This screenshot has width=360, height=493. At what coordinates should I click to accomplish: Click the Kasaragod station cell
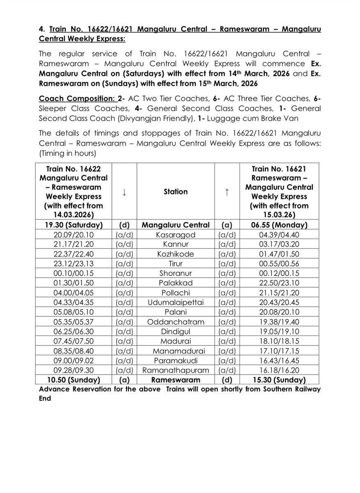tap(175, 235)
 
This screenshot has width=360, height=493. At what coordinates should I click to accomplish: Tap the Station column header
tap(175, 191)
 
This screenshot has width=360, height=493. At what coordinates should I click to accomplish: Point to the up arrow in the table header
tap(227, 191)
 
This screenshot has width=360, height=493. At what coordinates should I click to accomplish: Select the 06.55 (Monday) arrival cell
tap(279, 225)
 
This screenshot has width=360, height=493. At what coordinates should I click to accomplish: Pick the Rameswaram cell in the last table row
tap(175, 380)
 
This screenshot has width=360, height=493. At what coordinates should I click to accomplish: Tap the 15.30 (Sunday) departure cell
tap(279, 380)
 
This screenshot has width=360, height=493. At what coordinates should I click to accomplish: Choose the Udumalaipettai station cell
tap(175, 303)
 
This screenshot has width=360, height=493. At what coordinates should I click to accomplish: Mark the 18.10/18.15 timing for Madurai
tap(279, 341)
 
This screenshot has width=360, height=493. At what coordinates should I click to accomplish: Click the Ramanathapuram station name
tap(175, 371)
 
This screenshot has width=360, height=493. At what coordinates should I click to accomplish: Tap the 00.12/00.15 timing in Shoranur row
tap(279, 274)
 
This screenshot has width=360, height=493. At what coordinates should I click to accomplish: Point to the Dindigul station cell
tap(175, 332)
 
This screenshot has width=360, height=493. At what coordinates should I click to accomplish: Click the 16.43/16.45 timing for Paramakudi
tap(279, 361)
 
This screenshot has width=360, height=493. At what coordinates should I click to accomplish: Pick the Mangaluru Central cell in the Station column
tap(175, 225)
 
